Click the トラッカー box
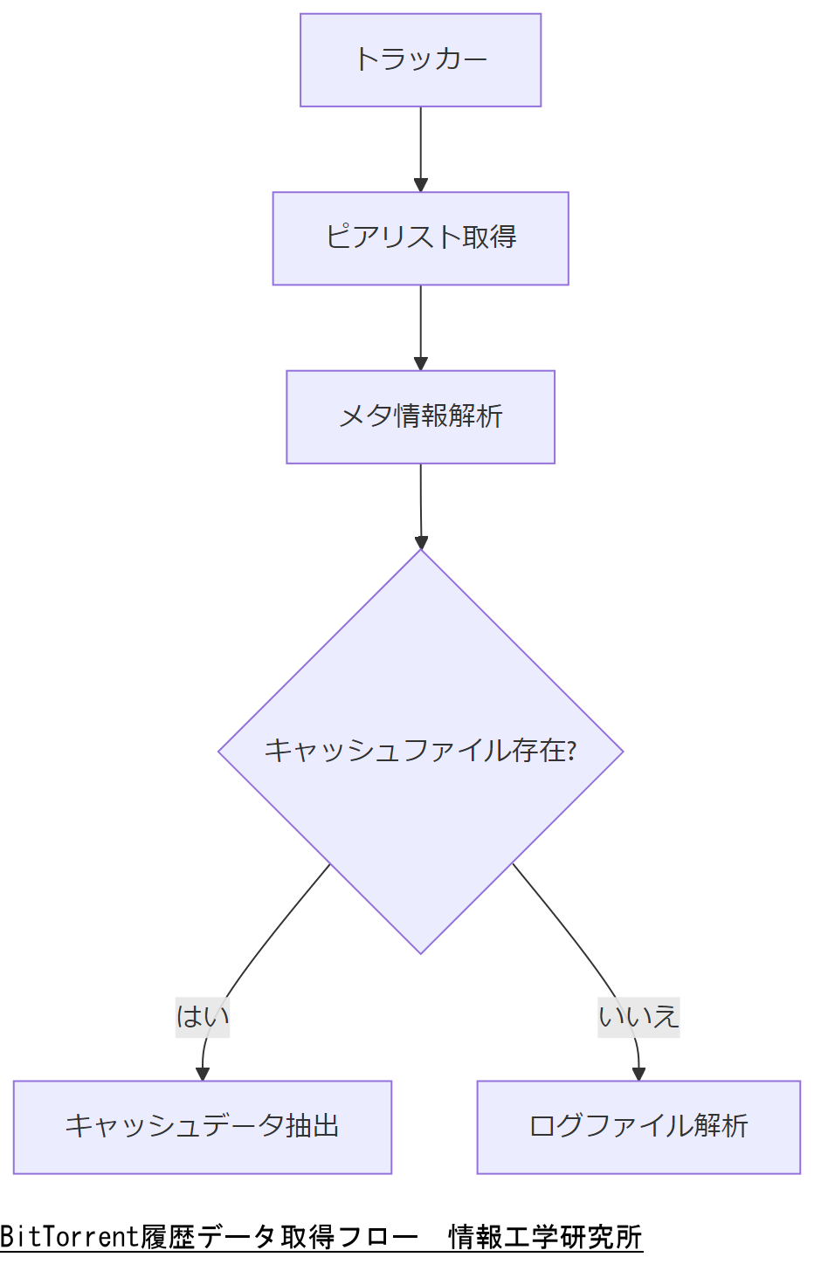[420, 60]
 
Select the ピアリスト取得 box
[420, 238]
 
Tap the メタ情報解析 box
[420, 417]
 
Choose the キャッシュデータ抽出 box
[202, 1127]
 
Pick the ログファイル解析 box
[638, 1127]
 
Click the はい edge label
[203, 1017]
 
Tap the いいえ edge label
[638, 1017]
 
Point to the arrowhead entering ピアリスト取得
[420, 185]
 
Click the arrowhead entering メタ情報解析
[420, 363]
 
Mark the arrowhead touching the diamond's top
[421, 542]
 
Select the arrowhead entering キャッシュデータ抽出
[203, 1074]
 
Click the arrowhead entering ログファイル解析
[638, 1074]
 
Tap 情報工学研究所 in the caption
[545, 1237]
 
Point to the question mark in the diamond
[571, 751]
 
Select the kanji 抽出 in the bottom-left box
[312, 1126]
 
